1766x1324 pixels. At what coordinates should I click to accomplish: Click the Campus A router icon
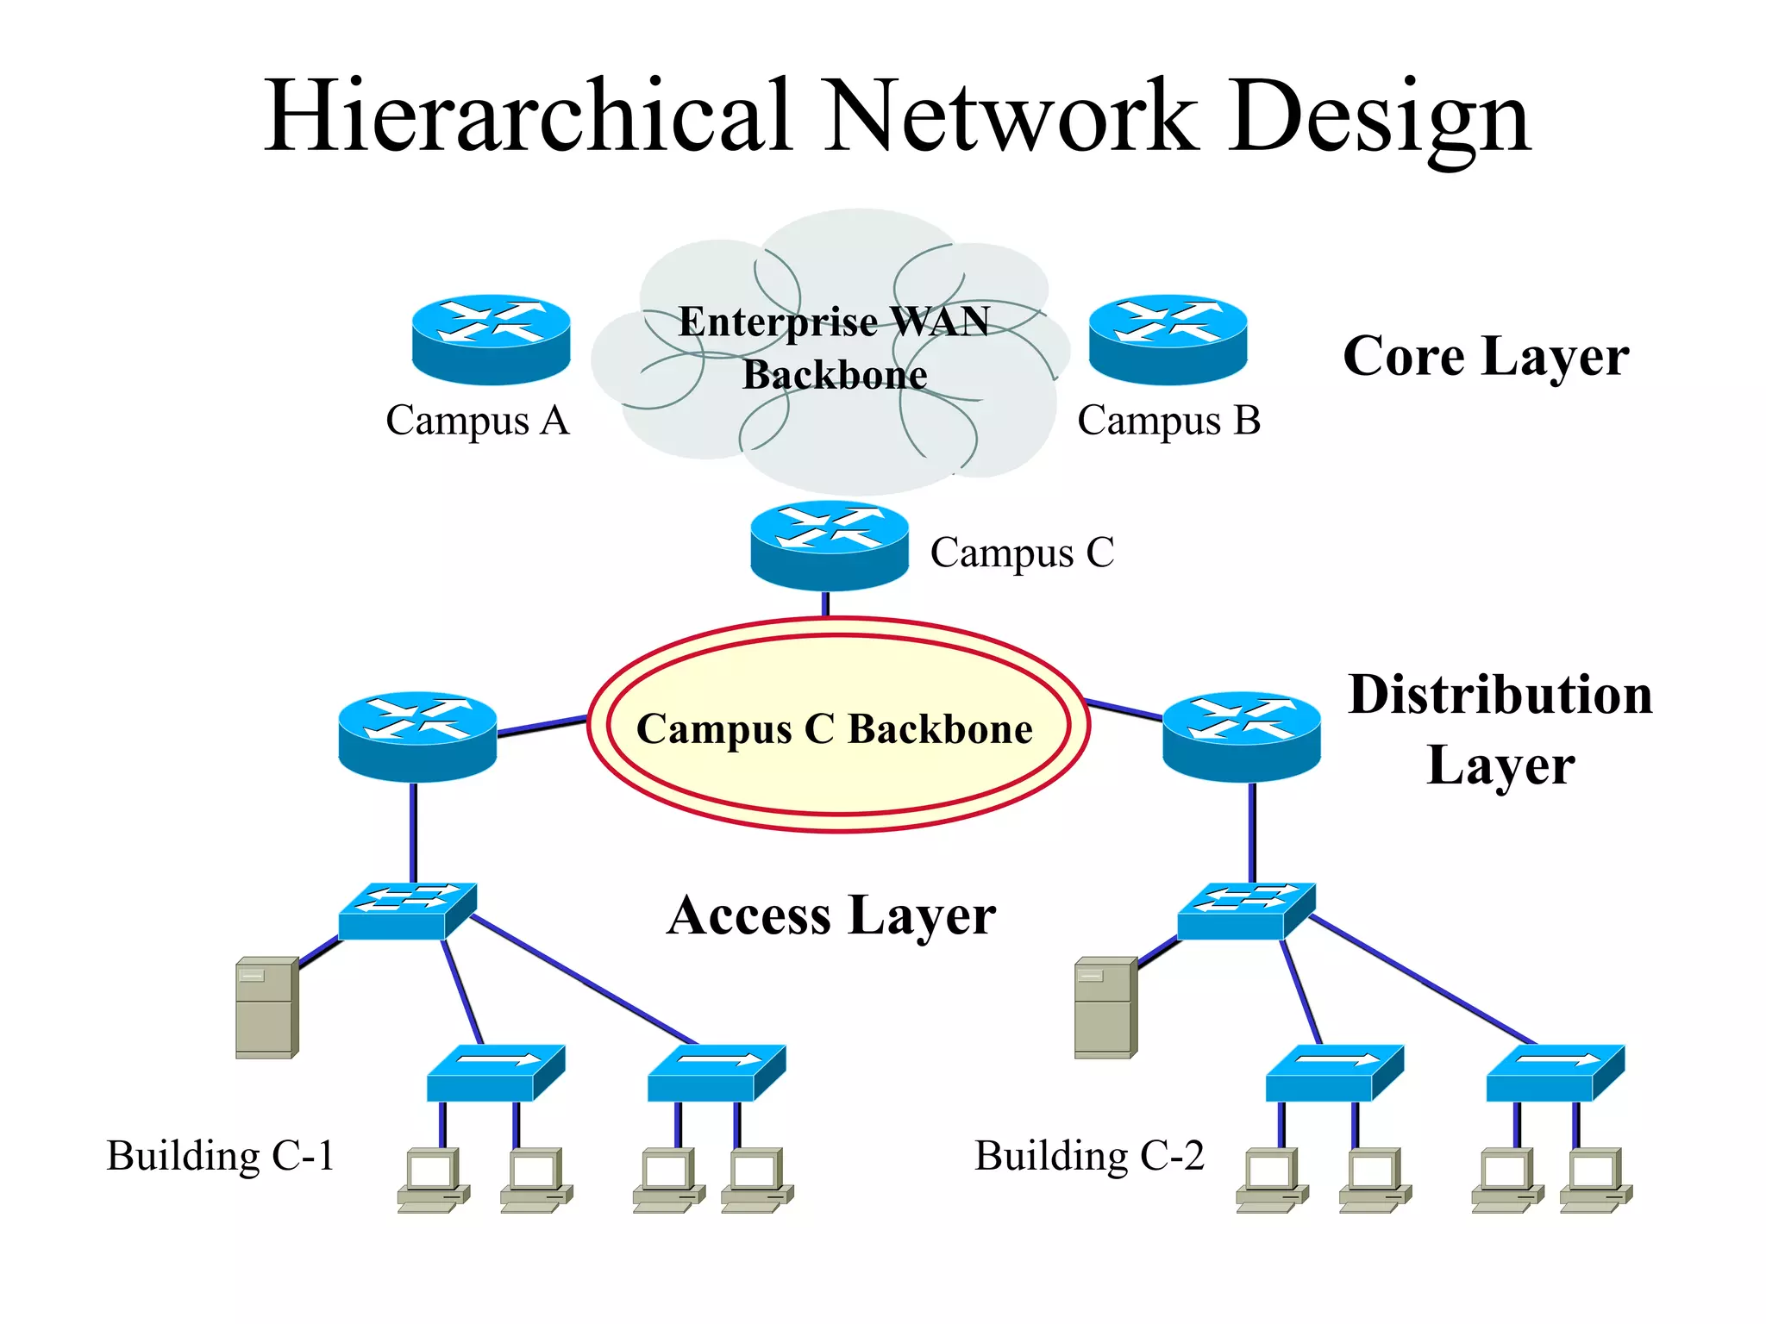click(491, 339)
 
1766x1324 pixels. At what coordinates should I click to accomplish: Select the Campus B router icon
click(1168, 339)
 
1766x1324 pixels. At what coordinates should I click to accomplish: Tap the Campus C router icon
click(829, 546)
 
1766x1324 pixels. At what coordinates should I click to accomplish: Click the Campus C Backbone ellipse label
click(835, 729)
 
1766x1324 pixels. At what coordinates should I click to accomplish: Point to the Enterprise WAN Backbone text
click(834, 347)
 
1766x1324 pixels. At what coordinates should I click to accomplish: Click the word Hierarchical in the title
click(528, 116)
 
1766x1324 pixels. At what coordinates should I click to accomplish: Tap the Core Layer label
click(1485, 356)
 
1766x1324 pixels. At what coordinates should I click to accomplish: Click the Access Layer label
click(831, 915)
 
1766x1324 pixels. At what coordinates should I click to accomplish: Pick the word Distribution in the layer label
click(1500, 695)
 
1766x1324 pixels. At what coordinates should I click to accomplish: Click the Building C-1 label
click(220, 1155)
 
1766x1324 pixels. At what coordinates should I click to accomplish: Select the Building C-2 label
click(1089, 1155)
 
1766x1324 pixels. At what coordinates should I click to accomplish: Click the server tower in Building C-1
click(266, 1007)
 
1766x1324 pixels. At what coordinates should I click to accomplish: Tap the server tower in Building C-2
click(1105, 1007)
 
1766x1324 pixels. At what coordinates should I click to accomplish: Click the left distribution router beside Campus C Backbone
click(417, 736)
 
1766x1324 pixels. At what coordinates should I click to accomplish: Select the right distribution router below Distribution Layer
click(1241, 736)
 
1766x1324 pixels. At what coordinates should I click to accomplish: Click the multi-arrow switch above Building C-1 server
click(406, 911)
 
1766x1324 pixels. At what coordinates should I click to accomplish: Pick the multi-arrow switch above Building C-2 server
click(1245, 911)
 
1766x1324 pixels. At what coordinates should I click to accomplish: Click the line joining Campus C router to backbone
click(825, 603)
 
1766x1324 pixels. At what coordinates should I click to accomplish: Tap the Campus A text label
click(477, 421)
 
